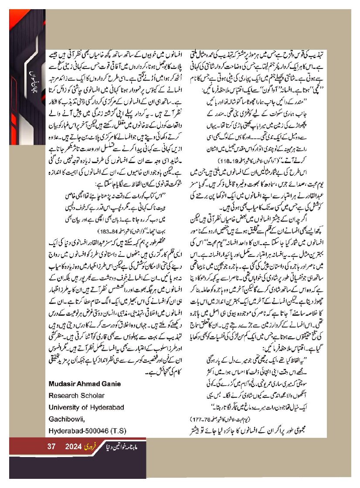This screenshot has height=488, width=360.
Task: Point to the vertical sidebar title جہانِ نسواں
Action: coord(31,77)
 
